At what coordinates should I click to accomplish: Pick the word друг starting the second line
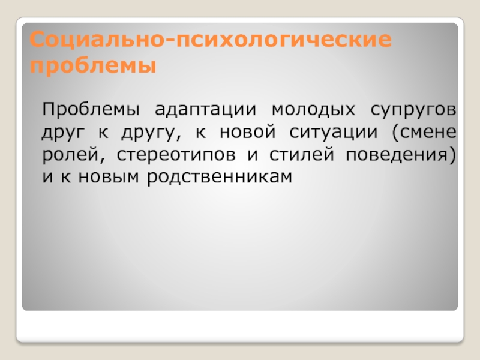62,133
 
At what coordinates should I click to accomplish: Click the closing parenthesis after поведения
452,155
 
